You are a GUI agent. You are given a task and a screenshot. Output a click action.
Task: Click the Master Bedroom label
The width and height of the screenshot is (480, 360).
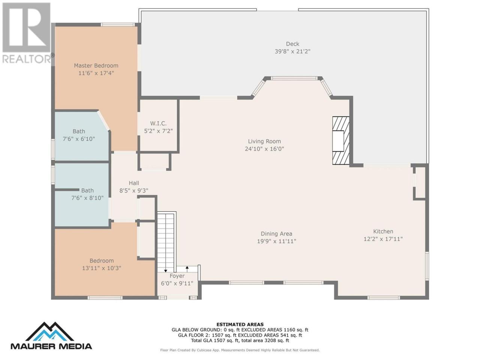96,65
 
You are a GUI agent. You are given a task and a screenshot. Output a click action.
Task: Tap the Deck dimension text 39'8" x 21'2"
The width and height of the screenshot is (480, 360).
292,51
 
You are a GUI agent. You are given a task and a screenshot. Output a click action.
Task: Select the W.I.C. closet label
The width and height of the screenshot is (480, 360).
158,123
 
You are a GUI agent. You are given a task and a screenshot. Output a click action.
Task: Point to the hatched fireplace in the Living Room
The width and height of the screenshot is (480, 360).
341,140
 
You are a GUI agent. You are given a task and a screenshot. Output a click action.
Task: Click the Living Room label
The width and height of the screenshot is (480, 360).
264,141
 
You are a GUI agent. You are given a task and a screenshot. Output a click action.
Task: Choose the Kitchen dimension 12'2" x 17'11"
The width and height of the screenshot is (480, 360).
383,239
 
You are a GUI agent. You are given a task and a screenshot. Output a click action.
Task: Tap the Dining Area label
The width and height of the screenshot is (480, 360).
276,234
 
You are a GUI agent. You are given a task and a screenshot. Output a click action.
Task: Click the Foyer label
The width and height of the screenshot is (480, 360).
177,276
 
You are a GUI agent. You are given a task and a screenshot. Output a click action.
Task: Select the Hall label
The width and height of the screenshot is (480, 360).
134,183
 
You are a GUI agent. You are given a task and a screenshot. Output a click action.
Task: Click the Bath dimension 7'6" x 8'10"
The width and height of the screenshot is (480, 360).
87,198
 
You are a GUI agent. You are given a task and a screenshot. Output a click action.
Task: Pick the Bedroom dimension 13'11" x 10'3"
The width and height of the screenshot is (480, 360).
102,268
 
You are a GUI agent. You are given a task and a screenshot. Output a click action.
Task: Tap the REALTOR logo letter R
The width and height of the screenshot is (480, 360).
26,27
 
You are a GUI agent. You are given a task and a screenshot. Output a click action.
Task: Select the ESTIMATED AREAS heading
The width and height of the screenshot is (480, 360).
240,324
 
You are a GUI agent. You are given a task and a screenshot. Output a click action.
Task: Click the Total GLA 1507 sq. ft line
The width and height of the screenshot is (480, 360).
240,340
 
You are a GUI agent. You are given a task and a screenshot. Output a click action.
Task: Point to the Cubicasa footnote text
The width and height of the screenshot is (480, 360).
240,350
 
